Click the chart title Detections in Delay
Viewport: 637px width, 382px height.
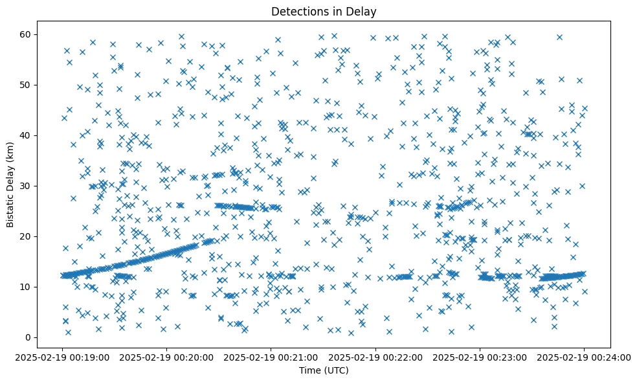click(324, 11)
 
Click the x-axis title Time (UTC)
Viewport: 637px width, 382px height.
click(324, 370)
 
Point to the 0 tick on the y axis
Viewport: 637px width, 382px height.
click(28, 337)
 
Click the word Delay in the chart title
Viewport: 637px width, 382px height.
click(363, 11)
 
